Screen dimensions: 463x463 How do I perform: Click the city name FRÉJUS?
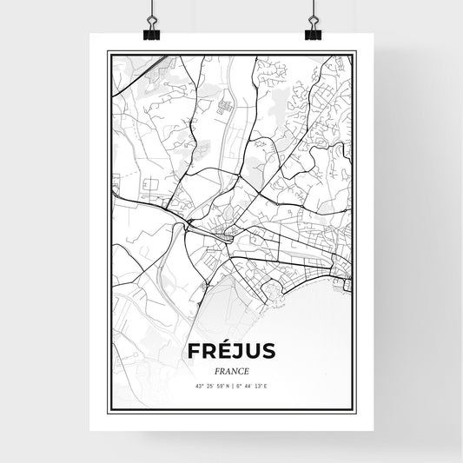pyautogui.click(x=230, y=351)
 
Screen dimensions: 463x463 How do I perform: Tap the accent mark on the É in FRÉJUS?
pyautogui.click(x=219, y=341)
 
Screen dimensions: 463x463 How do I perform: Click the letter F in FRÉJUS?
pyautogui.click(x=191, y=351)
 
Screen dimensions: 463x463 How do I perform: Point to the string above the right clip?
pyautogui.click(x=312, y=9)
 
